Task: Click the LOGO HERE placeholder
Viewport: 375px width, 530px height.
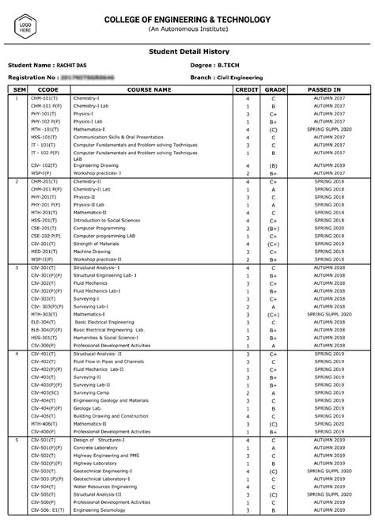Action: [25, 25]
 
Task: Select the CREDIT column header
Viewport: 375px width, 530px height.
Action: [248, 90]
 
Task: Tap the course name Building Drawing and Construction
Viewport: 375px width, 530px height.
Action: [110, 415]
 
